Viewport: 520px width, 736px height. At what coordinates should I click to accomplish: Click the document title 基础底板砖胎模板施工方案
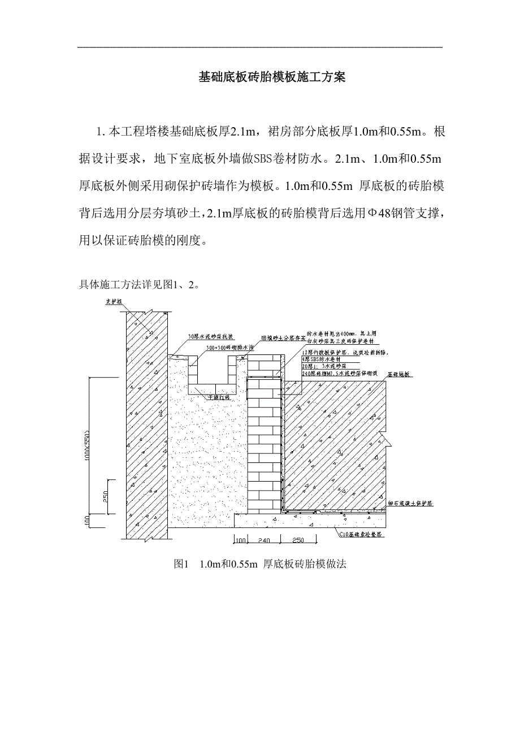pyautogui.click(x=271, y=77)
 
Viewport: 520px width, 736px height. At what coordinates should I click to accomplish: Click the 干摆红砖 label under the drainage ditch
pyautogui.click(x=220, y=397)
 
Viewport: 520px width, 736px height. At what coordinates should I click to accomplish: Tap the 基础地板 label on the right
pyautogui.click(x=400, y=374)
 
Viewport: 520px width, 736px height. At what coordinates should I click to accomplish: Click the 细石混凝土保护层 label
pyautogui.click(x=410, y=503)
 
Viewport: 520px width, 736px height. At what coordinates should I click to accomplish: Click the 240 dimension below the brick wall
pyautogui.click(x=265, y=540)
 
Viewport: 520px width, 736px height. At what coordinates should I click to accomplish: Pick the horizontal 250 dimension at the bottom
pyautogui.click(x=298, y=540)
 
